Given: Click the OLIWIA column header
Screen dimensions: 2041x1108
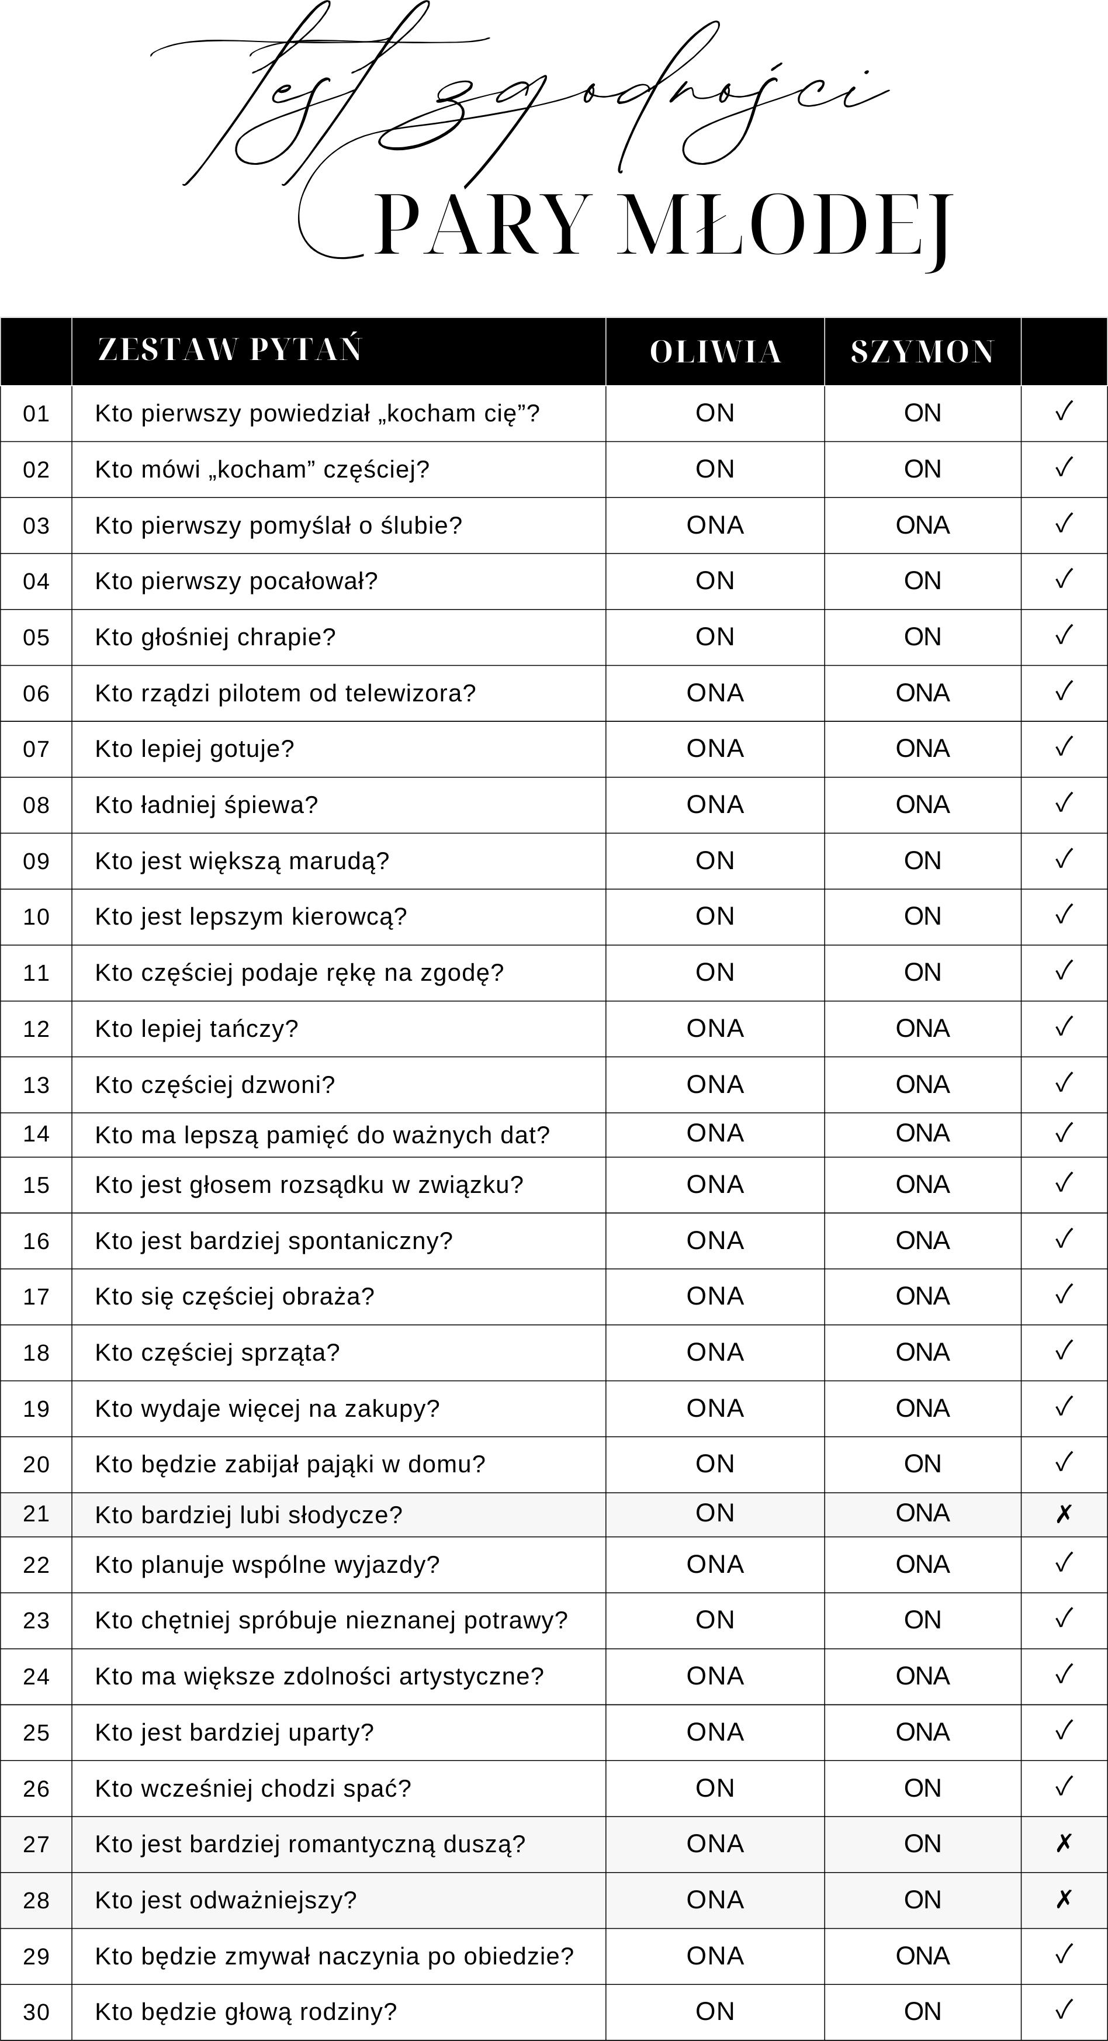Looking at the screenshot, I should click(715, 352).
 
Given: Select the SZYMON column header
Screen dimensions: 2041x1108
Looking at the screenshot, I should click(922, 352).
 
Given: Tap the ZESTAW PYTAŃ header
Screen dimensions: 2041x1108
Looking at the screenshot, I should click(230, 350).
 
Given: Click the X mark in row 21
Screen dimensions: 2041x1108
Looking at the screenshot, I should click(1064, 1514).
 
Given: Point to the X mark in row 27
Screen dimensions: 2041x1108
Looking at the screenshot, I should click(1064, 1843).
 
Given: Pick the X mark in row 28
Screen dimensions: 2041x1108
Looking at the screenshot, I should click(1064, 1899).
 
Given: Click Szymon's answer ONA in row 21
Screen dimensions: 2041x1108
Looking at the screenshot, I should click(922, 1513).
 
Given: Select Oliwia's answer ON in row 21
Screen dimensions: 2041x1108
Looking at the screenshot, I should click(715, 1513).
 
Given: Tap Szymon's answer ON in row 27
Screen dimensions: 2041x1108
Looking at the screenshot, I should click(922, 1843).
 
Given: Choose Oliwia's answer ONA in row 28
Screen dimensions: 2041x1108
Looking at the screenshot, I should click(715, 1899).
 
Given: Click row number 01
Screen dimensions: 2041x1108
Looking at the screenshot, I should click(36, 414).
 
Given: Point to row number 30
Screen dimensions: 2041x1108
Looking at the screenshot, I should click(36, 2012).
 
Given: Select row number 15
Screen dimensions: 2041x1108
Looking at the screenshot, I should click(36, 1185).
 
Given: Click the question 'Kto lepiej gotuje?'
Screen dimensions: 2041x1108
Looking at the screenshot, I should click(195, 749).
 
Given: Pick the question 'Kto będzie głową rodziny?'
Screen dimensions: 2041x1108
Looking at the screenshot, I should click(245, 2012).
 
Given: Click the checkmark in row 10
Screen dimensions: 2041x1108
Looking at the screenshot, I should click(1064, 915).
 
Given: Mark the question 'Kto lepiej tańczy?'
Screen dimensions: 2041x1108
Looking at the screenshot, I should click(196, 1029).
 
